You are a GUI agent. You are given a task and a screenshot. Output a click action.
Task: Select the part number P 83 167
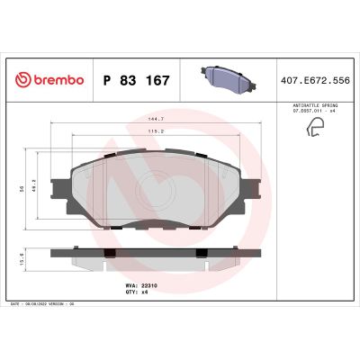136,80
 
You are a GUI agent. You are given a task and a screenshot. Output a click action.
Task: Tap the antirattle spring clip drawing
317,130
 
